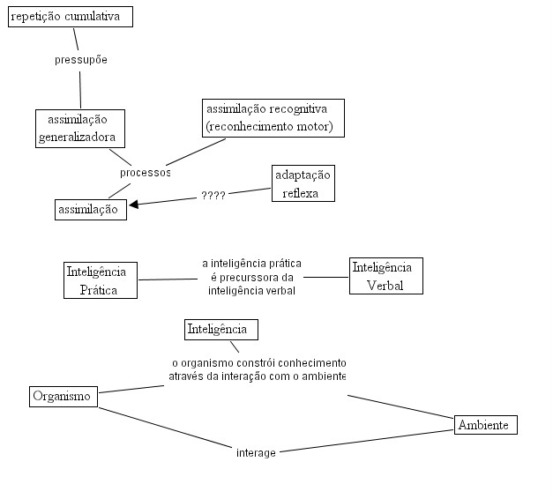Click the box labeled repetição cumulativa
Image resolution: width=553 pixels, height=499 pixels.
[71, 17]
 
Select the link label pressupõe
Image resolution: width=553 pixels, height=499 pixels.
[81, 60]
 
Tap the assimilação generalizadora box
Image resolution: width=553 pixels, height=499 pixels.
[80, 129]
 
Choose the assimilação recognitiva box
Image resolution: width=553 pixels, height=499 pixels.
[273, 118]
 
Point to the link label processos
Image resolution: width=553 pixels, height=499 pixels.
[145, 173]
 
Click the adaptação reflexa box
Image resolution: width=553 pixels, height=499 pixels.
[303, 183]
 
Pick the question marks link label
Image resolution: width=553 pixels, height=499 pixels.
[213, 195]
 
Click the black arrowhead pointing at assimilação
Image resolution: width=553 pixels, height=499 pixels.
[133, 205]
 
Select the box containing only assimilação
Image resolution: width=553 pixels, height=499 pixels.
[91, 210]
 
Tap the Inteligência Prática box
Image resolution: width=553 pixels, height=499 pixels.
[101, 280]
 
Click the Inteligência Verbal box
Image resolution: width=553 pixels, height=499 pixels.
[386, 276]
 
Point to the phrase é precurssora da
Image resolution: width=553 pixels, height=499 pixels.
[252, 278]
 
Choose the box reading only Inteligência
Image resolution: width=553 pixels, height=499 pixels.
[221, 330]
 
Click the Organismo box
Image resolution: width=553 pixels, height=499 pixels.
[64, 397]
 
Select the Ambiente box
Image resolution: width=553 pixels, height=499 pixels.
[486, 425]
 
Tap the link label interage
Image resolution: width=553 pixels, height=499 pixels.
[256, 453]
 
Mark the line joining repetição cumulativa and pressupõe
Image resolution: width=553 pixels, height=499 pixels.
[76, 39]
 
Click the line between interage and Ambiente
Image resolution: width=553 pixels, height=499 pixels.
[366, 441]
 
